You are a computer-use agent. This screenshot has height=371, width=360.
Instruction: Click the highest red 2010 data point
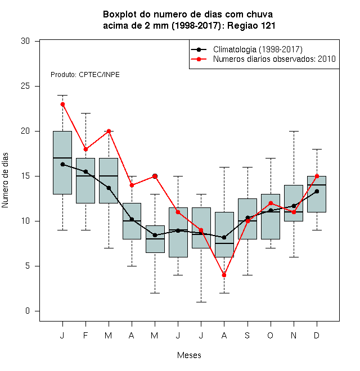click(62, 105)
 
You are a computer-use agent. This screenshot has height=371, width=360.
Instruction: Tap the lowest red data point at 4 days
click(224, 275)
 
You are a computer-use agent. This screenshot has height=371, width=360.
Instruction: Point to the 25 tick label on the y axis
click(25, 86)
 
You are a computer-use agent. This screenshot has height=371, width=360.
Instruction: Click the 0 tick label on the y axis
click(28, 311)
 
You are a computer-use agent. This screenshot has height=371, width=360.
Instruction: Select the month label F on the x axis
click(85, 335)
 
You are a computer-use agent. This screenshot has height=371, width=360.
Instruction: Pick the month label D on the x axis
click(317, 335)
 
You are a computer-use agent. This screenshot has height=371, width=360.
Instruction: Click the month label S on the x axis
click(247, 335)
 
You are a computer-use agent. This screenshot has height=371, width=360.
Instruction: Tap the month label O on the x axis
click(270, 335)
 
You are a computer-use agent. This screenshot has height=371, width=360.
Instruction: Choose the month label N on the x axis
click(294, 335)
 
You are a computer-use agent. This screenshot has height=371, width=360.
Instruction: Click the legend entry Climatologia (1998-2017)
click(258, 49)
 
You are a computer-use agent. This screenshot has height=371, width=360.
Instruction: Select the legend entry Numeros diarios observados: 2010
click(274, 59)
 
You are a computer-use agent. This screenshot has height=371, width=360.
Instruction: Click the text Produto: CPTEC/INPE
click(85, 75)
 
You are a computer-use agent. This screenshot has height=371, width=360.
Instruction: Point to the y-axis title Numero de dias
click(5, 180)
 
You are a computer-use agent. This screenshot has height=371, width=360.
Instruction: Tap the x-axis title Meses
click(189, 355)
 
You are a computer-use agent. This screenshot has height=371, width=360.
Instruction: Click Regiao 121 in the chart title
click(251, 25)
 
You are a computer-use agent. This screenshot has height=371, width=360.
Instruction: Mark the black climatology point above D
click(317, 192)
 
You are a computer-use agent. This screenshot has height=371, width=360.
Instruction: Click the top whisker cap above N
click(294, 131)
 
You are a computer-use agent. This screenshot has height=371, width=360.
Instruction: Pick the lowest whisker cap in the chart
click(201, 302)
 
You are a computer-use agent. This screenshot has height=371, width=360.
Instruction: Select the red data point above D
click(317, 177)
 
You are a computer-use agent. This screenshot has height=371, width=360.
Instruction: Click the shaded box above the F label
click(85, 180)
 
